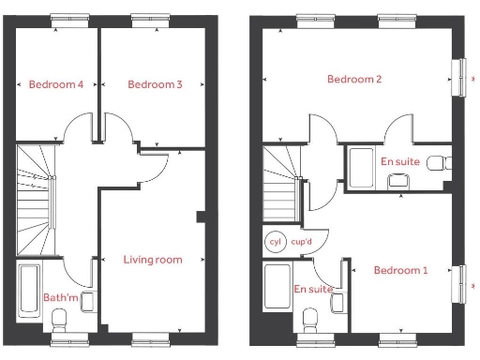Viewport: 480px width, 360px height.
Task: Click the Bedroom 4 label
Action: (56, 84)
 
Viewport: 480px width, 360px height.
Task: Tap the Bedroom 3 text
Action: (155, 84)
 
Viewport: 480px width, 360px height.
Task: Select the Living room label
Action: (153, 259)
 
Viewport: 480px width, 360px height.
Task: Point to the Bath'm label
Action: (61, 298)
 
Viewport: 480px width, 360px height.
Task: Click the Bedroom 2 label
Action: (354, 80)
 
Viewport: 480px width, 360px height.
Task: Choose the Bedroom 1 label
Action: (400, 271)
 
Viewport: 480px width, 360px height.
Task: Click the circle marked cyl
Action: (275, 241)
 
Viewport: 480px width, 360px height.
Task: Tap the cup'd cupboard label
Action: (302, 241)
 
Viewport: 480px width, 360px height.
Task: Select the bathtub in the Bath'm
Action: (28, 291)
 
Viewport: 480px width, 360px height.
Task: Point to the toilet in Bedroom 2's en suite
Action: (437, 163)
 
